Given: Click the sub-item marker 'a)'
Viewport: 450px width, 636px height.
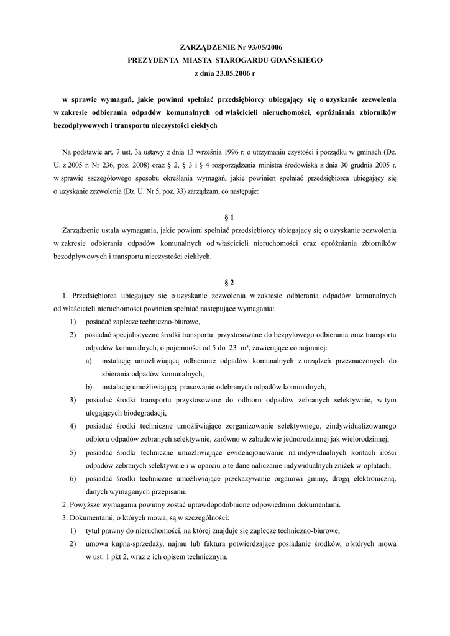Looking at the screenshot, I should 90,361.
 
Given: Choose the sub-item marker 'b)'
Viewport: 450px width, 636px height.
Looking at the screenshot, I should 90,386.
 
